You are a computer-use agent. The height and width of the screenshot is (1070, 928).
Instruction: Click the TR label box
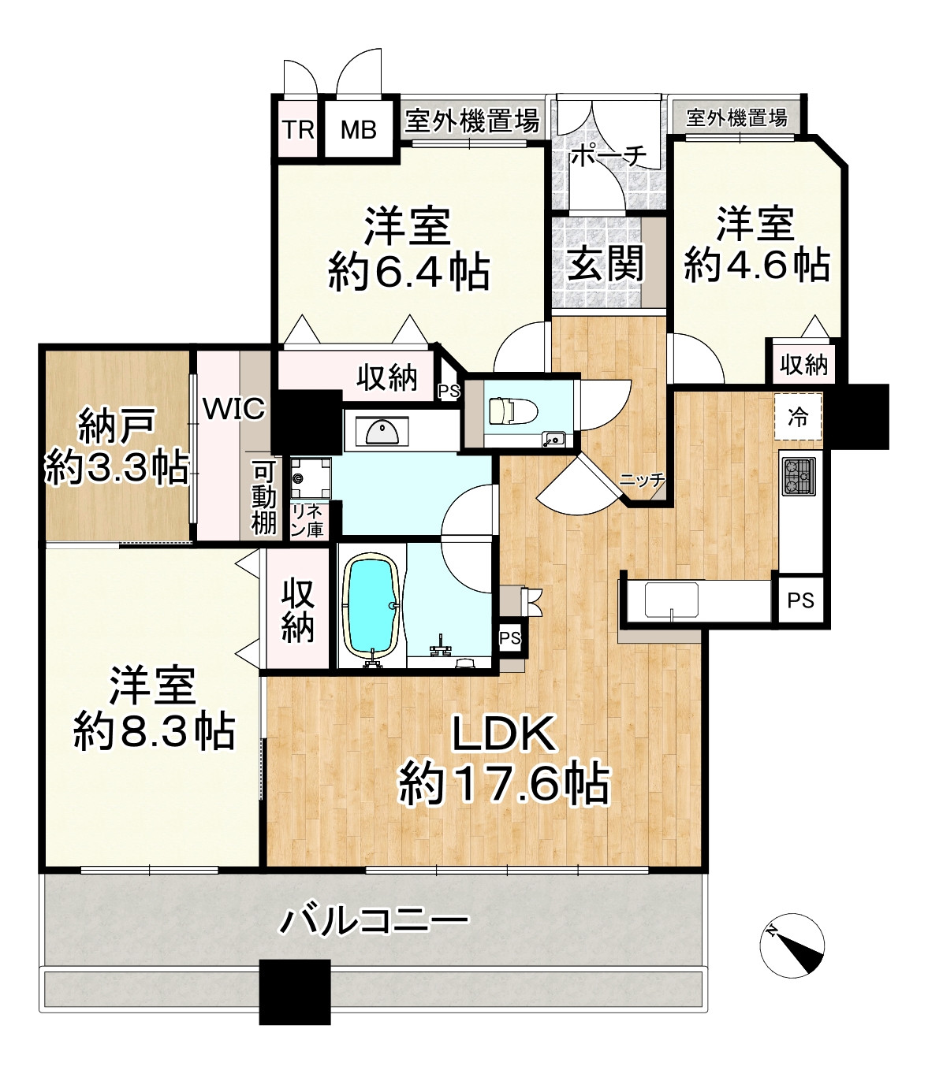[299, 129]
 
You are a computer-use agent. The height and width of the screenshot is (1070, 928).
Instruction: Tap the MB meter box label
[358, 129]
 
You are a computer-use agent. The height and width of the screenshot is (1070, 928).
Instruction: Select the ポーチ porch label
[607, 156]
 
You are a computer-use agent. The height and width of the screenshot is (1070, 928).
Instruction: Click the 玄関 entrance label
[606, 263]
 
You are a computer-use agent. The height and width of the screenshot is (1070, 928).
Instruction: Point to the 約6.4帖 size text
[408, 273]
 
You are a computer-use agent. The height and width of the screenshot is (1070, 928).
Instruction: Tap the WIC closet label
[233, 409]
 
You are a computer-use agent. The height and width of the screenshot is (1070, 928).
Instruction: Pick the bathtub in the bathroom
[371, 604]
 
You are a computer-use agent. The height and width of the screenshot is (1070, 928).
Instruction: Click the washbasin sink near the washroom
[382, 431]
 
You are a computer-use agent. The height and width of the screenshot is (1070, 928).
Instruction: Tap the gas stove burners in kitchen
[798, 476]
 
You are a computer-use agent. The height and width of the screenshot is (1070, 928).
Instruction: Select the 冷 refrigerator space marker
[798, 417]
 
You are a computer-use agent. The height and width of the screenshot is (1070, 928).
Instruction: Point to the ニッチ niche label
[642, 480]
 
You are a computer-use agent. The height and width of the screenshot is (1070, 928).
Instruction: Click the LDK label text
[504, 734]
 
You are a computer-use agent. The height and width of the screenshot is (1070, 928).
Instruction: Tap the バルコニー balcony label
[375, 920]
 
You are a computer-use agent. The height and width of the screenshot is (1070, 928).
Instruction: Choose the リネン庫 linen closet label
[306, 521]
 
